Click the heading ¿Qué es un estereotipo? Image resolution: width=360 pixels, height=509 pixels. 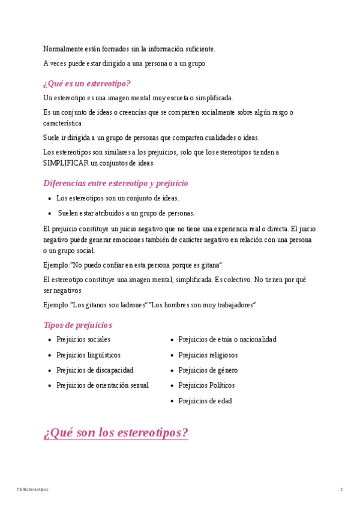point(87,83)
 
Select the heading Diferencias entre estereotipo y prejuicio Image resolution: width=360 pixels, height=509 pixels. point(116,183)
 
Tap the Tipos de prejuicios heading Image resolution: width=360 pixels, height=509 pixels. point(78,325)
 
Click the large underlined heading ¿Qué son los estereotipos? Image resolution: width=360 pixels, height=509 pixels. point(116,433)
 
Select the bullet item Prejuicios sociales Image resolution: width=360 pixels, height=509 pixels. point(83,340)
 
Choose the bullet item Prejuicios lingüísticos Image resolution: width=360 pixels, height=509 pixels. point(88,355)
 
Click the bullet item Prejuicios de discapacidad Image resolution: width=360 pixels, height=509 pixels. point(95,370)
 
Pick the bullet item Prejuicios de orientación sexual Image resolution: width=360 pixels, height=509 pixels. point(103,385)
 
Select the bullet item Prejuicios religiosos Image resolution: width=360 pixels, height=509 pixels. point(208,355)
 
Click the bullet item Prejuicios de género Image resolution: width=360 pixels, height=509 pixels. point(208,370)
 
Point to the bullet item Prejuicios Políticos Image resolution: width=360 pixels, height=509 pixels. point(206,385)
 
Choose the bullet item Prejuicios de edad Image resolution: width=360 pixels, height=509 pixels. point(205,401)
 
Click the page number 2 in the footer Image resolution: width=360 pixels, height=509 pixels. point(341,490)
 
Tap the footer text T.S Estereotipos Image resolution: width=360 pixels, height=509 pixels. point(32,490)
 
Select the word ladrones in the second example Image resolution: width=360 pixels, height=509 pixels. point(132,305)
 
